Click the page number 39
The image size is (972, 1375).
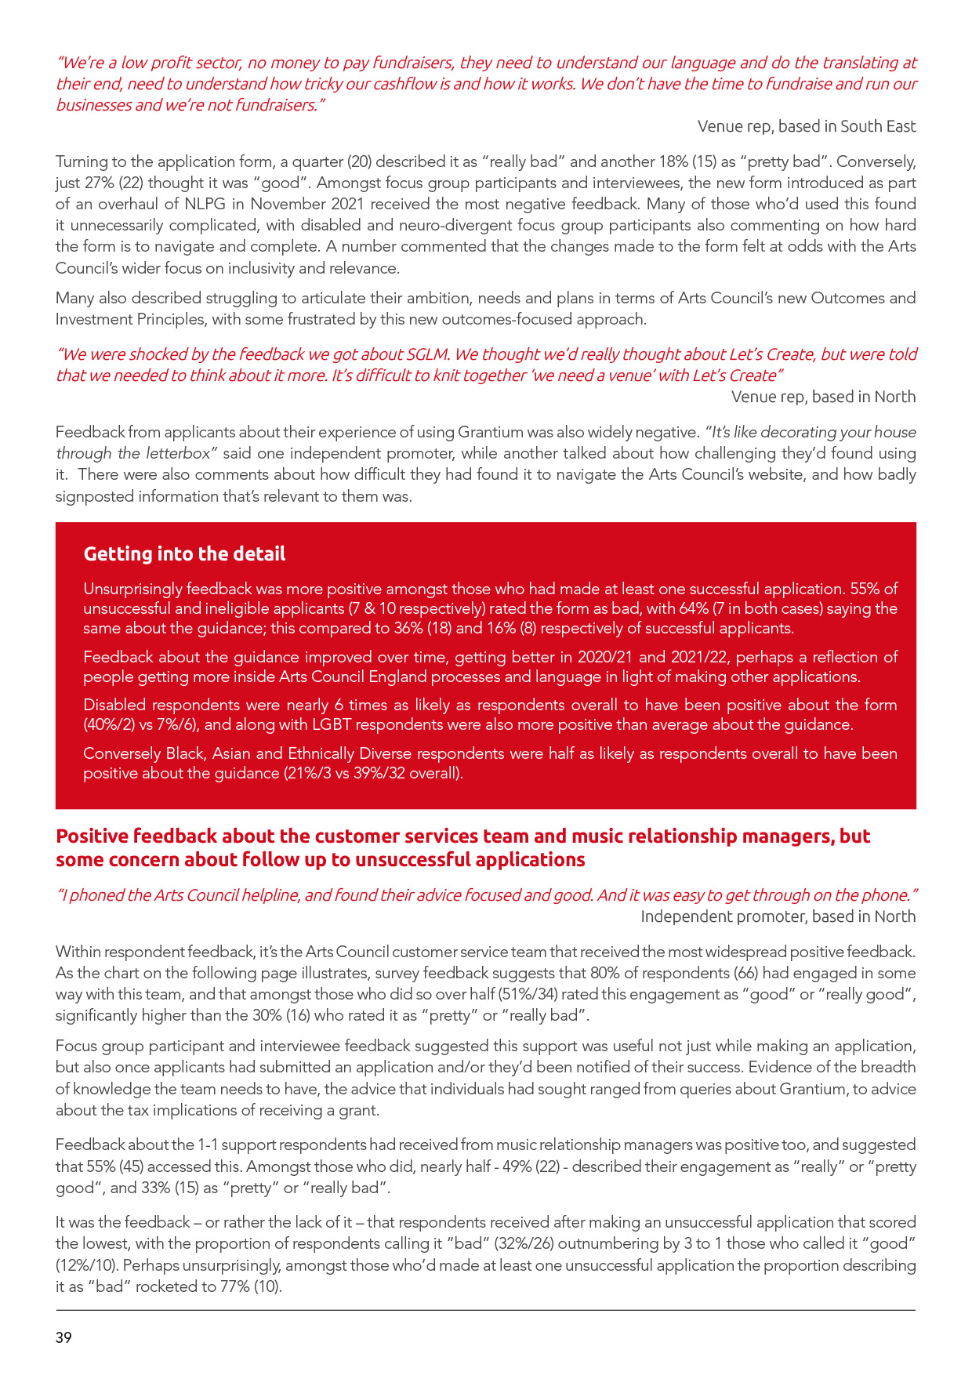tap(63, 1337)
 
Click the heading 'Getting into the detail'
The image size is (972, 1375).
tap(184, 553)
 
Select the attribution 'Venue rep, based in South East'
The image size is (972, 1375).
tap(807, 126)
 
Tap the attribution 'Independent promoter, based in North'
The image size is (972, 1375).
tap(778, 916)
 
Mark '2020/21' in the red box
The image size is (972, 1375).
tap(604, 657)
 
